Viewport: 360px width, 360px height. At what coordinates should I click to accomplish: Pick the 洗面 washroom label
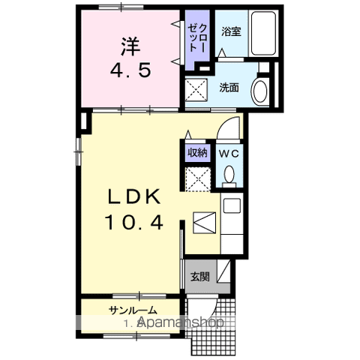(229, 87)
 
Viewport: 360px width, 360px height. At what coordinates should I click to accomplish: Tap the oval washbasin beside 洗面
(259, 91)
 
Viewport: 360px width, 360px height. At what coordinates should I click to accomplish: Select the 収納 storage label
(197, 152)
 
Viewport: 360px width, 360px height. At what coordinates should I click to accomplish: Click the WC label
(227, 152)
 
